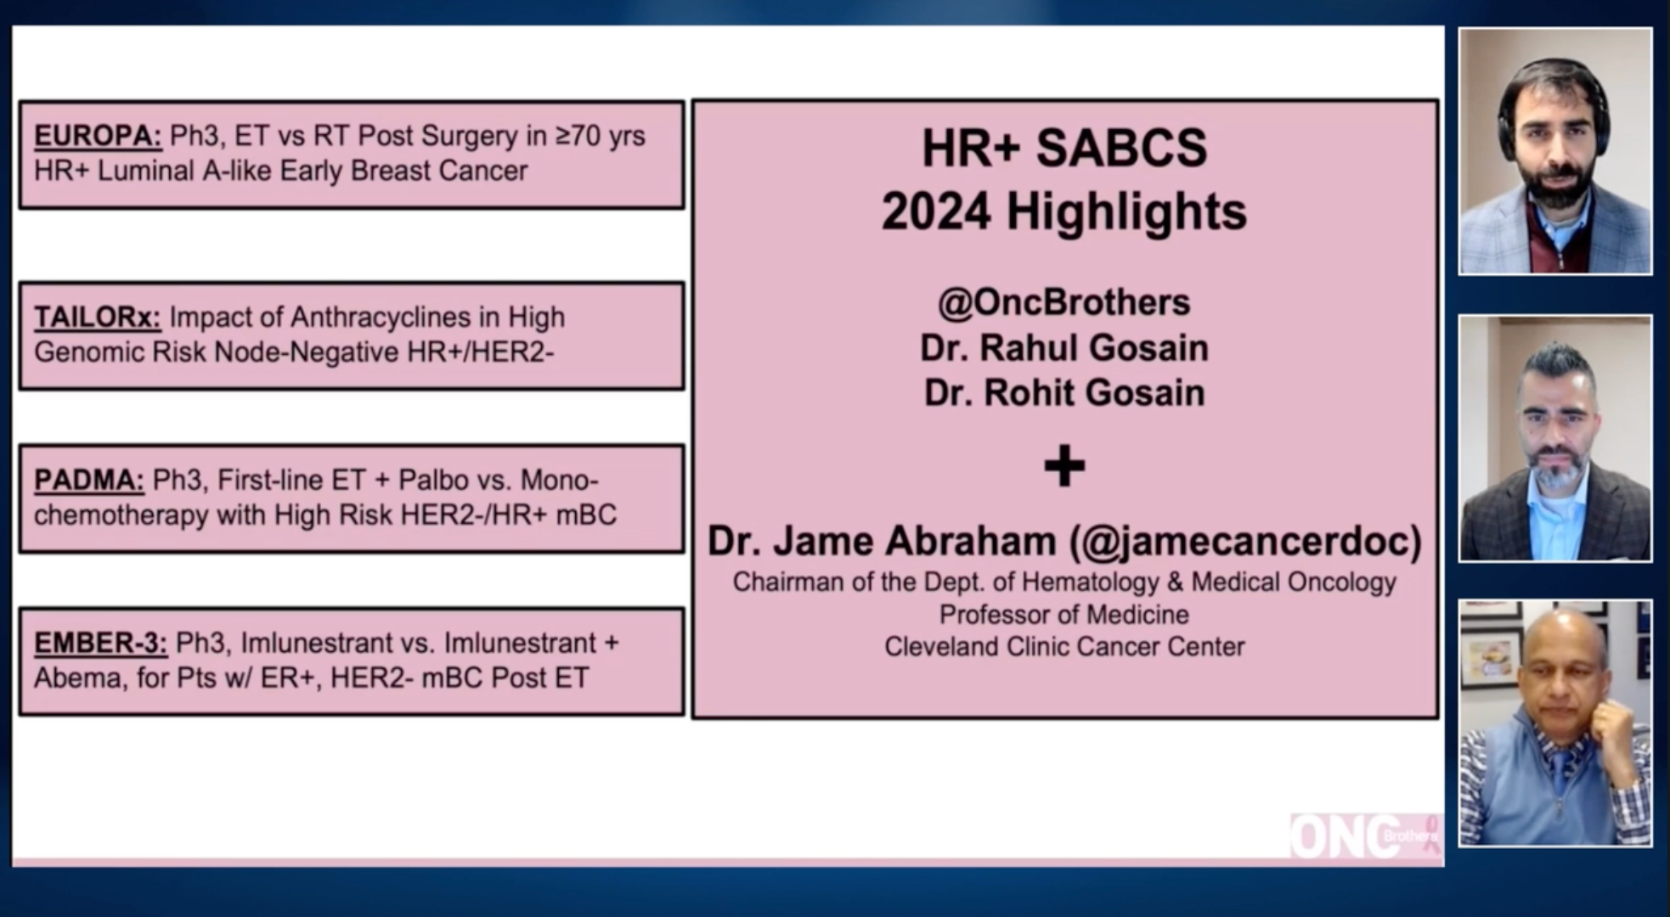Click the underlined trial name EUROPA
click(97, 136)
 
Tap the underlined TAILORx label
click(97, 318)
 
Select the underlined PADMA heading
click(89, 481)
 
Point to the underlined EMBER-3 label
click(100, 644)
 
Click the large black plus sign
click(1064, 466)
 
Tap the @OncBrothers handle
click(1063, 303)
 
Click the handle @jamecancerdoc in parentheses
click(1245, 542)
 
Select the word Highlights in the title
click(1126, 212)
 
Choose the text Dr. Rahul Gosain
click(1063, 348)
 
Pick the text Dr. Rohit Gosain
click(1063, 393)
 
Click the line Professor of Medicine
click(1063, 615)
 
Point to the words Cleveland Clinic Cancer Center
click(1063, 647)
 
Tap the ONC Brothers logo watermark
click(1364, 837)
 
